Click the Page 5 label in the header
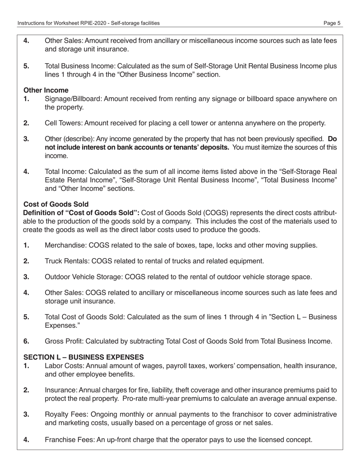(332, 23)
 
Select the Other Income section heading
(46, 90)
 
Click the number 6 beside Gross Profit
(26, 341)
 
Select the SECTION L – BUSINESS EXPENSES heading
(83, 357)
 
